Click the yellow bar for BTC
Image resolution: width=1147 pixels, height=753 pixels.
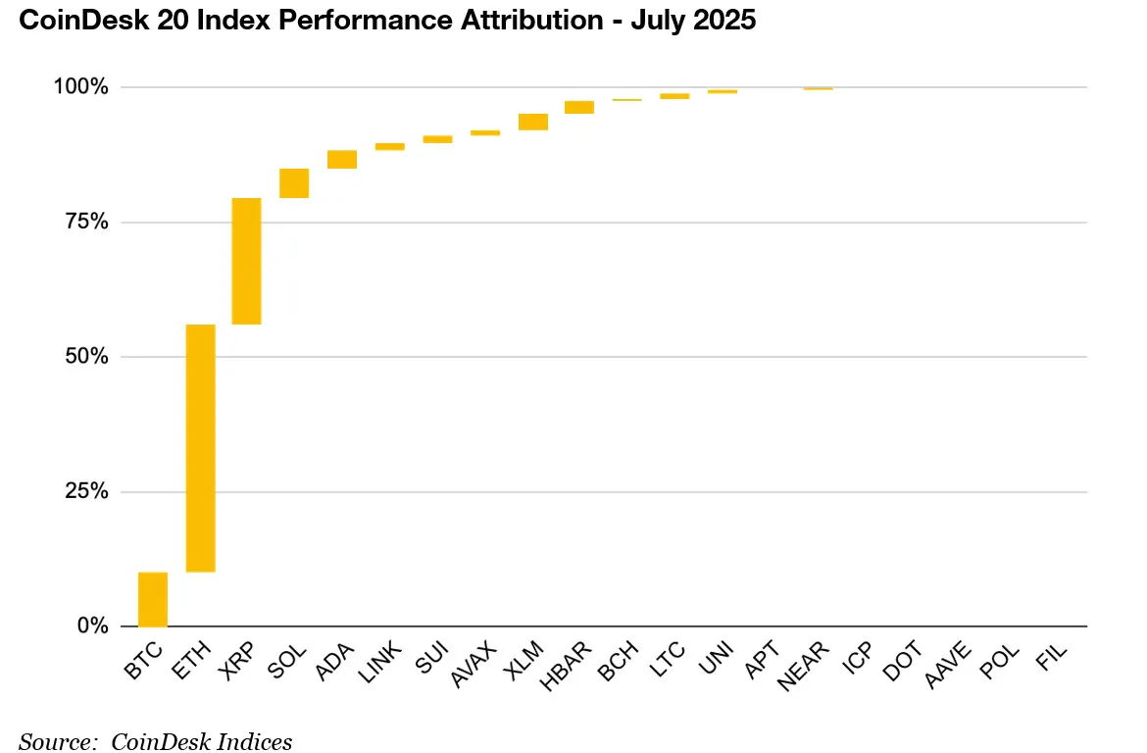point(152,599)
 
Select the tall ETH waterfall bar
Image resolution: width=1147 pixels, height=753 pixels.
point(200,448)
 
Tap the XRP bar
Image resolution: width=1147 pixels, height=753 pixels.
point(246,261)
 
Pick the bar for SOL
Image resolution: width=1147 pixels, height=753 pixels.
point(294,183)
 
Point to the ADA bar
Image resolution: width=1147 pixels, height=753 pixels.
point(342,160)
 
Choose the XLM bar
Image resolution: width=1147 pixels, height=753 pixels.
point(533,122)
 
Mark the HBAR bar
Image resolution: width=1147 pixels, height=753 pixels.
point(579,107)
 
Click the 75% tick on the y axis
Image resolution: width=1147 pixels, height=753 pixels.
point(86,223)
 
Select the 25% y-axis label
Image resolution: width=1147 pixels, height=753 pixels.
point(86,491)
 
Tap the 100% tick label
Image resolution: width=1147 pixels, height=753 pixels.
point(80,87)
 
